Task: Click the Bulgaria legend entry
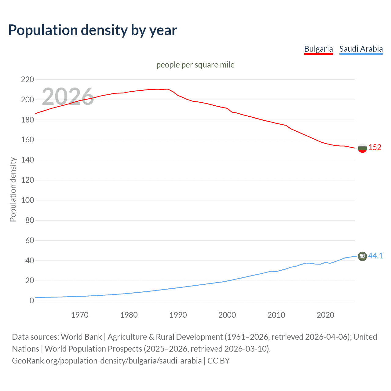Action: click(x=318, y=49)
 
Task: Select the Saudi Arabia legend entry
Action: click(x=361, y=49)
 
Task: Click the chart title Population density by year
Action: click(x=93, y=30)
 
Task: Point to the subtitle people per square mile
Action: click(x=195, y=65)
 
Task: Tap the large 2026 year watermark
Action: click(x=68, y=97)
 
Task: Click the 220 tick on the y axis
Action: click(x=27, y=80)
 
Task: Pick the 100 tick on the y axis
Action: click(x=27, y=200)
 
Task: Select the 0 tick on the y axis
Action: click(x=31, y=301)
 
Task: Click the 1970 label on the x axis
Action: click(x=80, y=315)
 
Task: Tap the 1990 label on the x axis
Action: click(x=178, y=315)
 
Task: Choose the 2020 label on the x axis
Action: click(x=325, y=315)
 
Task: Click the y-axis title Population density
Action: click(x=13, y=189)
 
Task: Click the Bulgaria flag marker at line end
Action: click(x=362, y=148)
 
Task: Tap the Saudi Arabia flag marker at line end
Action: click(x=362, y=256)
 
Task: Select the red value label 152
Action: click(x=375, y=148)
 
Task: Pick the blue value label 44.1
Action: click(x=375, y=256)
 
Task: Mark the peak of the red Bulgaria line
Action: click(x=168, y=89)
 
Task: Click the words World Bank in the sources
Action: click(x=81, y=337)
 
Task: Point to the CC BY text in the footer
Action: click(x=218, y=361)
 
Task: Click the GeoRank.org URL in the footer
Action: click(x=107, y=361)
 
